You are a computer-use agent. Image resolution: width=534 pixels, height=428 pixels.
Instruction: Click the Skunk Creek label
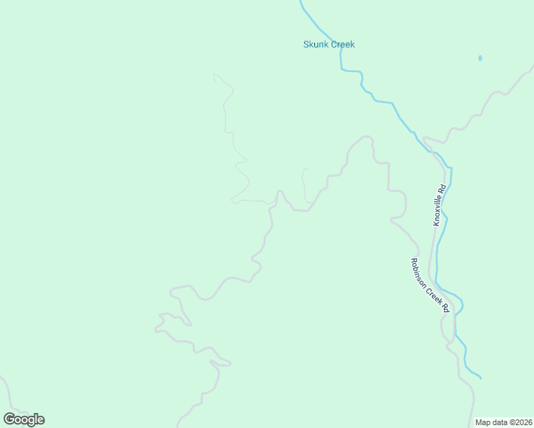pyautogui.click(x=328, y=44)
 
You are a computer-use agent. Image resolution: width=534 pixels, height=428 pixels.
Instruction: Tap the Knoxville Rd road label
pyautogui.click(x=440, y=205)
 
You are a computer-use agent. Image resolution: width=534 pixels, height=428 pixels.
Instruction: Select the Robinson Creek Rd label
pyautogui.click(x=429, y=285)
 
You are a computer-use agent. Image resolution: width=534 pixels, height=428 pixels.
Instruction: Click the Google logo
pyautogui.click(x=24, y=419)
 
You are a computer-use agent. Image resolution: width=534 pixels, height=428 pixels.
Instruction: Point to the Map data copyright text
pyautogui.click(x=503, y=422)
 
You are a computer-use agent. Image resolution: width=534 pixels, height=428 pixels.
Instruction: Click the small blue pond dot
pyautogui.click(x=480, y=58)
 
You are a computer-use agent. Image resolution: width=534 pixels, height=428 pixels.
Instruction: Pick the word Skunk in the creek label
pyautogui.click(x=316, y=44)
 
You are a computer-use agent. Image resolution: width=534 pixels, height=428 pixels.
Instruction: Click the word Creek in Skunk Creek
pyautogui.click(x=342, y=44)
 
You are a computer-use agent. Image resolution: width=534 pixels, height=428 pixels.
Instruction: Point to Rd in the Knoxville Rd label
pyautogui.click(x=443, y=189)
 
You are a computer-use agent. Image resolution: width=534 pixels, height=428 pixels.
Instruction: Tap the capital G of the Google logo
pyautogui.click(x=9, y=419)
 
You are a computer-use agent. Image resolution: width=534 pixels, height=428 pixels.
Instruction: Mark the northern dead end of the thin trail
pyautogui.click(x=214, y=75)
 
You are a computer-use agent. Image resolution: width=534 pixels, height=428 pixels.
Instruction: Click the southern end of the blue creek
pyautogui.click(x=480, y=377)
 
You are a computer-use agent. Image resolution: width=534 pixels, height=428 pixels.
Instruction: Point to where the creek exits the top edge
pyautogui.click(x=301, y=1)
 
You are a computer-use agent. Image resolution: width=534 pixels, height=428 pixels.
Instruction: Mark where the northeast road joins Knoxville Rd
pyautogui.click(x=423, y=138)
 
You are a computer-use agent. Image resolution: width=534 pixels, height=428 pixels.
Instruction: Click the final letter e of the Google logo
pyautogui.click(x=41, y=420)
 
